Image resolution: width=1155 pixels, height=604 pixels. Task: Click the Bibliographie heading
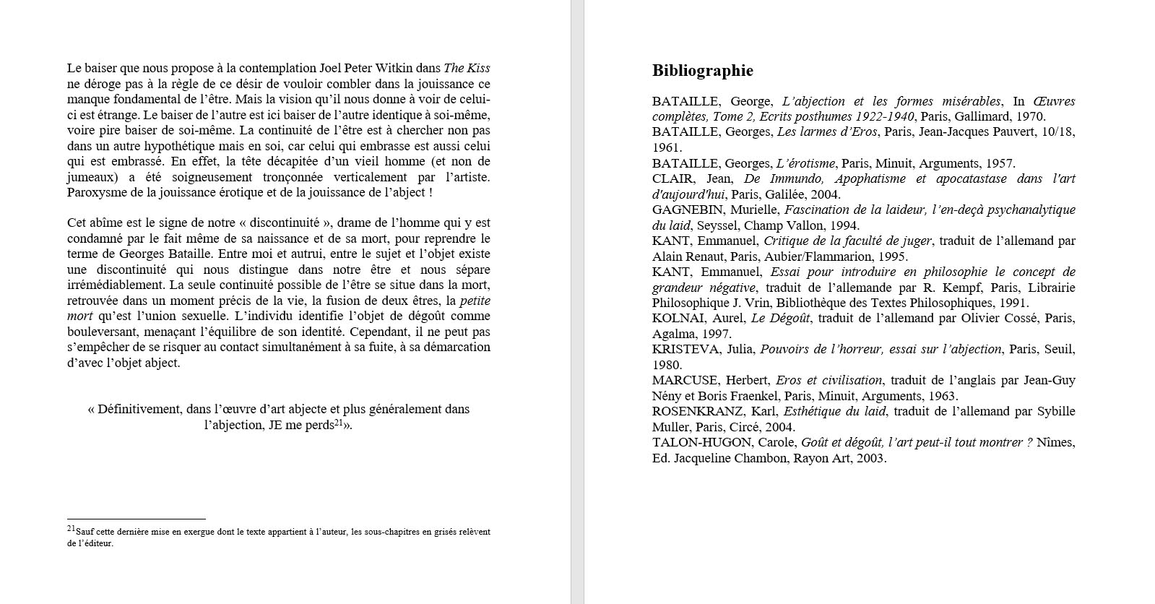tap(702, 71)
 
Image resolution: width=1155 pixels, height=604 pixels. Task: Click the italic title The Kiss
tap(467, 69)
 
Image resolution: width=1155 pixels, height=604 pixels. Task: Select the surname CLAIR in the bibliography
tap(672, 179)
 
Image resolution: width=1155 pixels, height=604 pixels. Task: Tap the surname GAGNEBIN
tap(687, 210)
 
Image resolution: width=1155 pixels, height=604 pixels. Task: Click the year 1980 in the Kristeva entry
tap(667, 366)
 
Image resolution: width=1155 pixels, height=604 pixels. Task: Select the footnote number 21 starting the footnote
tap(71, 529)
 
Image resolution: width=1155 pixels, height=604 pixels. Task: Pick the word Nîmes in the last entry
tap(1055, 443)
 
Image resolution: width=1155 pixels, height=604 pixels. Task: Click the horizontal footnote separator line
tap(137, 519)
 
